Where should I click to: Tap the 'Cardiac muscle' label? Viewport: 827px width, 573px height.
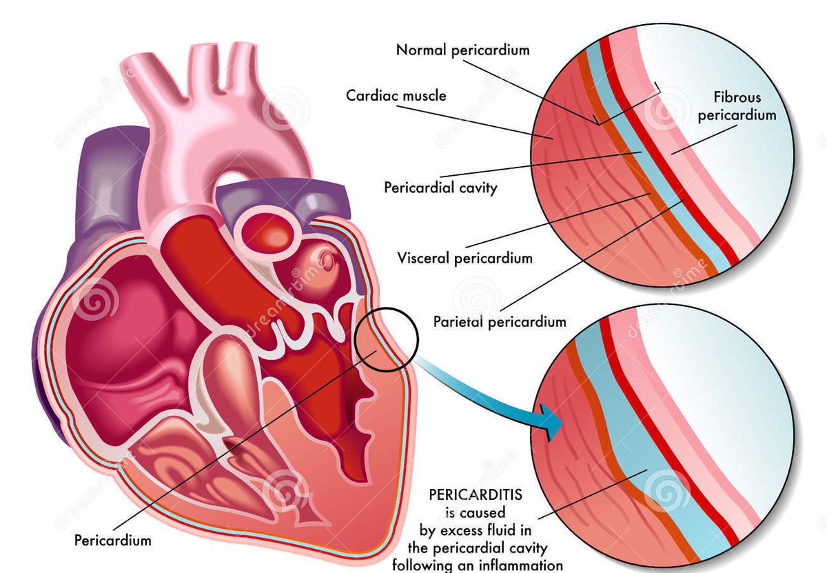(396, 94)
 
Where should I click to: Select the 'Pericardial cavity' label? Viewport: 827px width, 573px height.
(440, 187)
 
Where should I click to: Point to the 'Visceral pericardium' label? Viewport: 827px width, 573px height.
(464, 258)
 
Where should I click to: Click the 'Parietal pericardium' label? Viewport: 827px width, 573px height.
(500, 321)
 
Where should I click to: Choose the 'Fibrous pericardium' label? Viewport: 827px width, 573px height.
(736, 106)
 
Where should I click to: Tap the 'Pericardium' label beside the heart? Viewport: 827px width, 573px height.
(112, 540)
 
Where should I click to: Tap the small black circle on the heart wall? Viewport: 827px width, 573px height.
(387, 338)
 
